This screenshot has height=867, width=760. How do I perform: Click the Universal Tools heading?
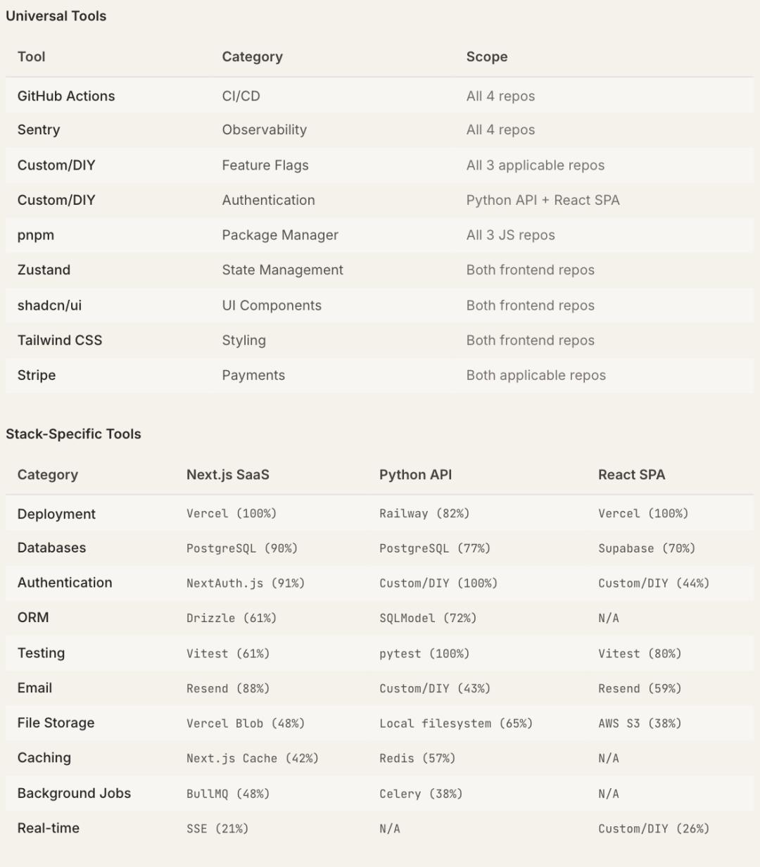(56, 16)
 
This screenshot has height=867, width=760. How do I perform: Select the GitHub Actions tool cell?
(66, 96)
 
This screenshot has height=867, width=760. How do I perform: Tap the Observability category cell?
(264, 130)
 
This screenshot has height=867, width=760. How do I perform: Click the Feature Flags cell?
(265, 165)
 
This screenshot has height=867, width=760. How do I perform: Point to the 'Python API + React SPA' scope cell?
(543, 201)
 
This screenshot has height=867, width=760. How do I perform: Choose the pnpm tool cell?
(36, 235)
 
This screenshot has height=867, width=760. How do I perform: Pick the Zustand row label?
(44, 270)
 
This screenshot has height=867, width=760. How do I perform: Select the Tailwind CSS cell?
(60, 341)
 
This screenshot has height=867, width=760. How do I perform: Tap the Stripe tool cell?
(37, 376)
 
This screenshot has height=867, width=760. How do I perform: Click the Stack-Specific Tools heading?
(73, 434)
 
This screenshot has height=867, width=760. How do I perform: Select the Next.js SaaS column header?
(227, 475)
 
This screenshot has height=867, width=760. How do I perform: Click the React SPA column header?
(631, 475)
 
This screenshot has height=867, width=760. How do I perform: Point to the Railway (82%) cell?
(424, 514)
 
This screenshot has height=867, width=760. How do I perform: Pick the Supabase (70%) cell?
(646, 548)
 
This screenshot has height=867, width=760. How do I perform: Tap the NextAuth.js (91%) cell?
(245, 583)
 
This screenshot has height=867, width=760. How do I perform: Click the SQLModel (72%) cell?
(427, 618)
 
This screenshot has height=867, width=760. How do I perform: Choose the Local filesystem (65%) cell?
(455, 723)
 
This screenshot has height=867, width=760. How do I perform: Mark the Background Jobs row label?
(74, 793)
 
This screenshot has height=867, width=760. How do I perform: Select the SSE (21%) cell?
(217, 828)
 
